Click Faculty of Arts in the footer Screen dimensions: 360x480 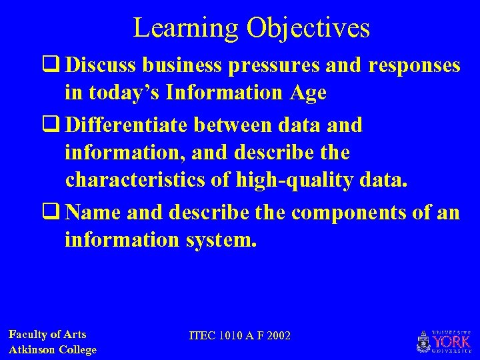[x=47, y=335]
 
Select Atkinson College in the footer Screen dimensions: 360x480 [x=53, y=349]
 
